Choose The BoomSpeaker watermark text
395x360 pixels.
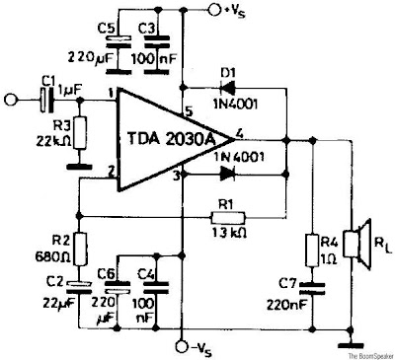(363, 353)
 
